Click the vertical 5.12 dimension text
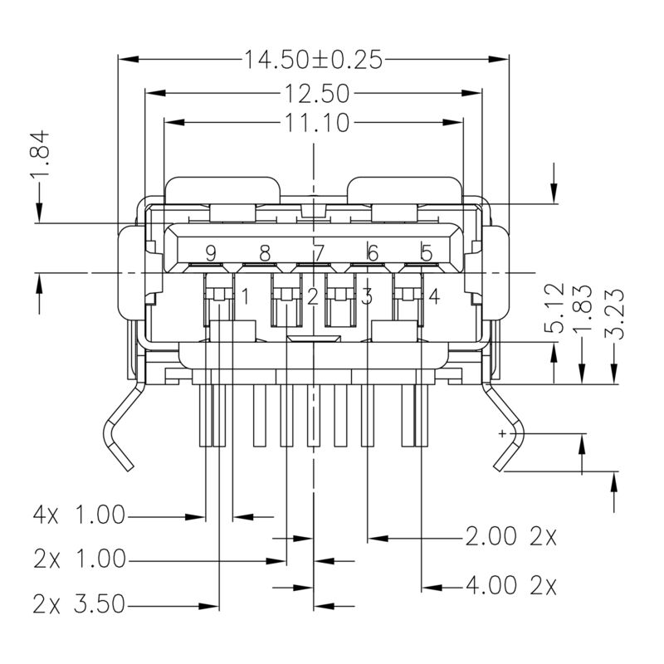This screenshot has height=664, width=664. pos(555,308)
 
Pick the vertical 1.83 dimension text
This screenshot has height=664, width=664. pos(583,308)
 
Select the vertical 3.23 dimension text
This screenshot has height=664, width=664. pos(614,308)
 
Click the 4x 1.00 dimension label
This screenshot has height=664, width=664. pos(78,516)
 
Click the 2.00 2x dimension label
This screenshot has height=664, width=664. pos(510,537)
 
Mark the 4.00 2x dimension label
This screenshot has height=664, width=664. pos(510,587)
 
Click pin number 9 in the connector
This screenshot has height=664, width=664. pos(211,252)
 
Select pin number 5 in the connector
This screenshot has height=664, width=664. pos(426,252)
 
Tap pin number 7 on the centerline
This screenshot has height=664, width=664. pos(319,252)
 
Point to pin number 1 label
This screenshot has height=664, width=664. pos(245,295)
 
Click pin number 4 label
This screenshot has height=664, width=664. pos(433,295)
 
